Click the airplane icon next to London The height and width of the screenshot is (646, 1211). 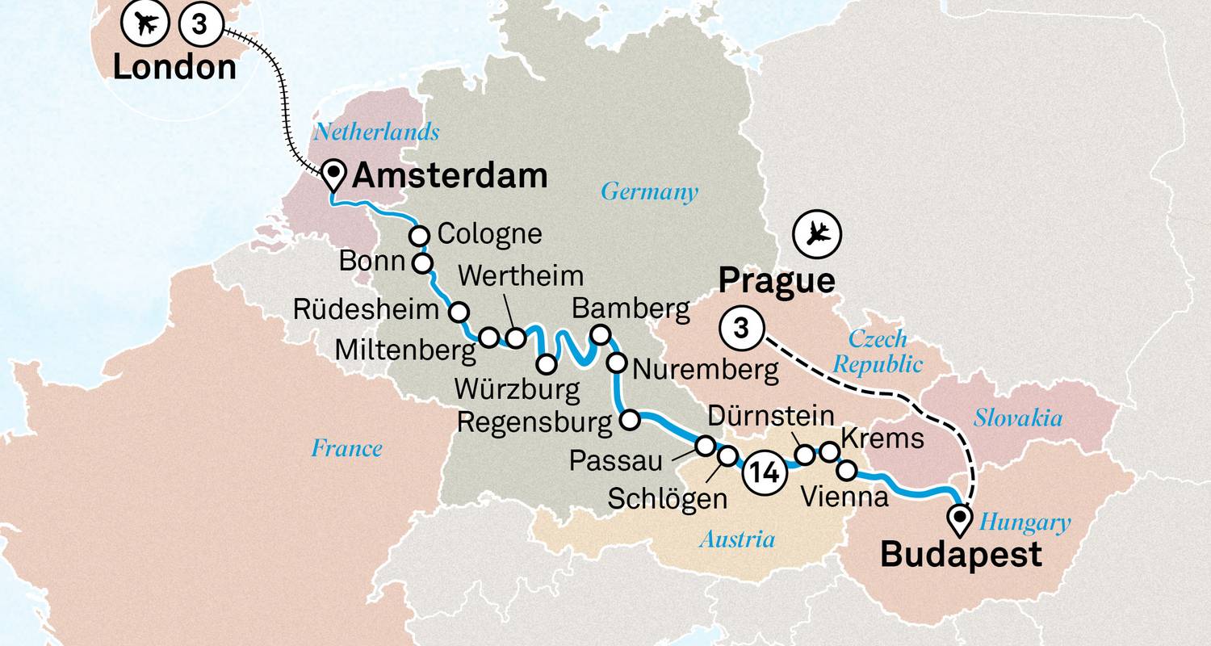(146, 25)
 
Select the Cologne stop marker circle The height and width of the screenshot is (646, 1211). (420, 236)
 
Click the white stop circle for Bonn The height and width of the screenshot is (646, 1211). (422, 263)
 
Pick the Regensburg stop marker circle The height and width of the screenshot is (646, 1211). (629, 419)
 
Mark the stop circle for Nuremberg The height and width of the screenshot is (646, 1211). (616, 362)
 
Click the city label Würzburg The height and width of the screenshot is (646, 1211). (517, 390)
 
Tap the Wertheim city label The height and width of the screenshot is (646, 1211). (520, 276)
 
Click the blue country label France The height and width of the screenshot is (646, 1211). (347, 448)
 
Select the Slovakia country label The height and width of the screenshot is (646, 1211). (1017, 418)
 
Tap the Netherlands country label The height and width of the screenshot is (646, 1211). (377, 131)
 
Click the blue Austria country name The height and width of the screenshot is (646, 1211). (737, 539)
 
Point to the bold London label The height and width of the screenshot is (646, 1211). (174, 66)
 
